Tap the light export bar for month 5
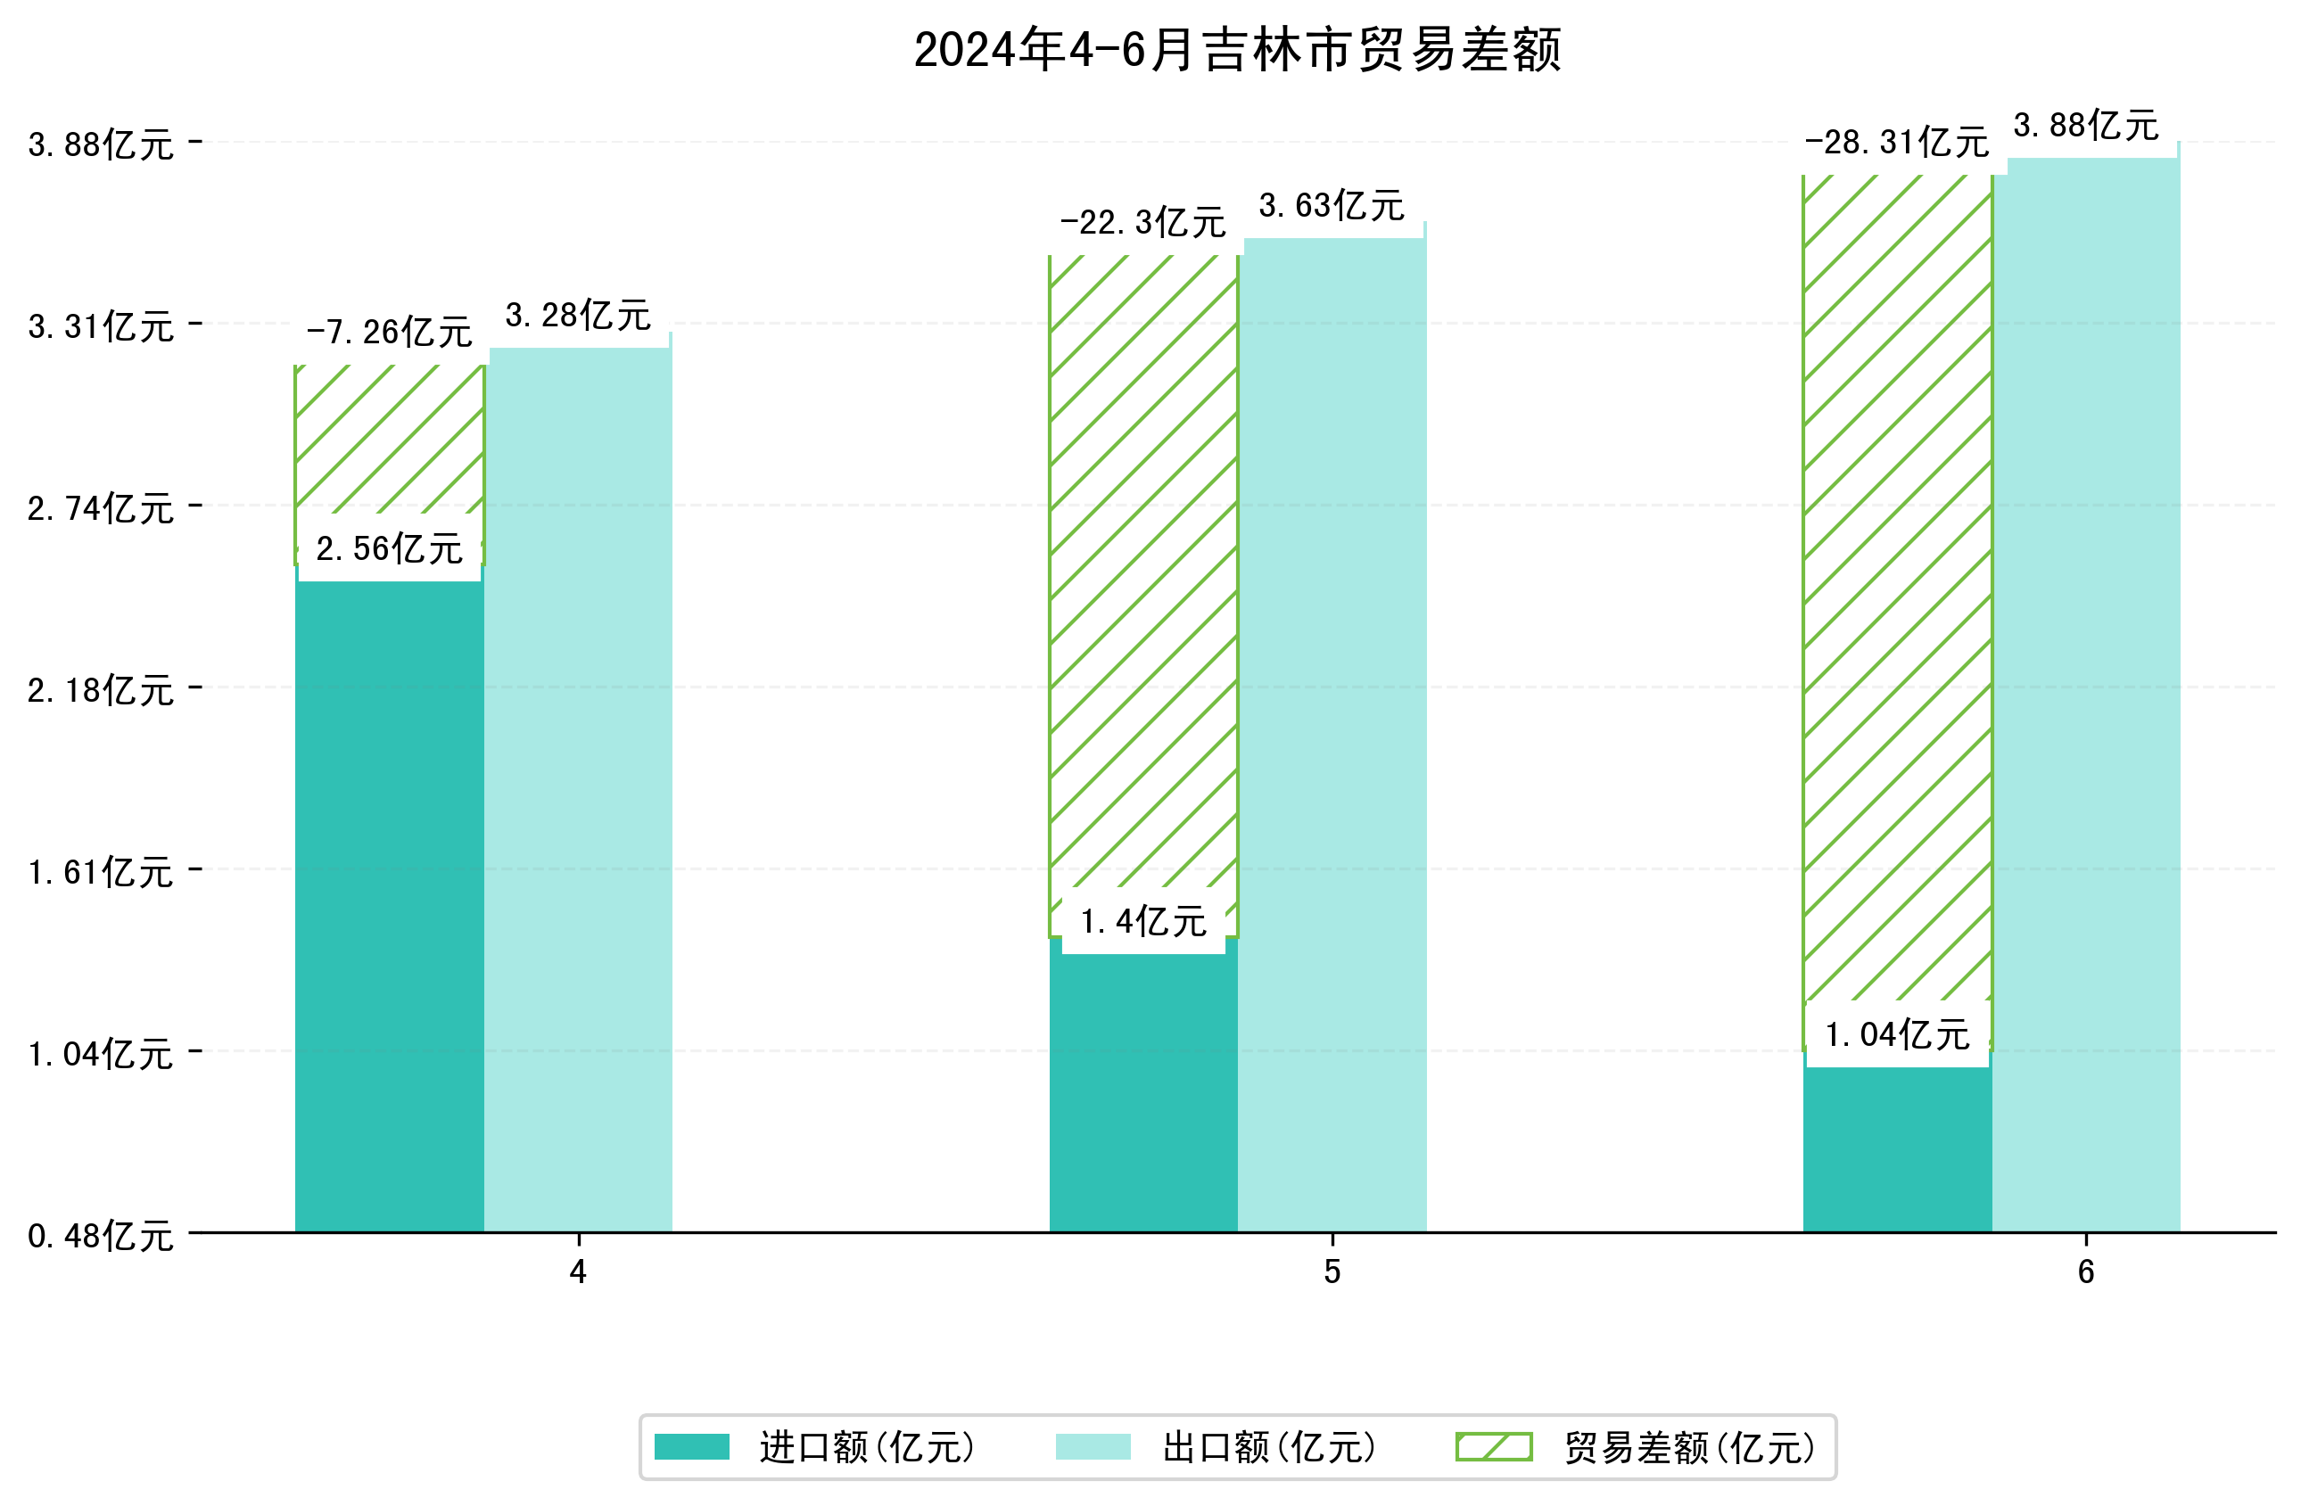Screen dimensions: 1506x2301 pos(1332,735)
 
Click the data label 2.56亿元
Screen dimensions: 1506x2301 pos(389,549)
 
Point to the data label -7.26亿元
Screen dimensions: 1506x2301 pos(389,333)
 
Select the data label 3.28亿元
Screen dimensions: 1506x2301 pos(578,315)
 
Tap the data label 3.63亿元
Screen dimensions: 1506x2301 pos(1332,206)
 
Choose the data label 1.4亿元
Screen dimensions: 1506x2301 pos(1142,922)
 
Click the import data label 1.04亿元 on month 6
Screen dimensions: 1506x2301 pos(1896,1035)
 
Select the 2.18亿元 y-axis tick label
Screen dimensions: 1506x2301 pos(101,690)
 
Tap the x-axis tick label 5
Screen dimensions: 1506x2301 pos(1332,1272)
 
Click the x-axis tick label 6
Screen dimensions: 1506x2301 pos(2085,1272)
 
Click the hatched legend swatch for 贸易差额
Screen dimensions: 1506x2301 pos(1494,1447)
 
